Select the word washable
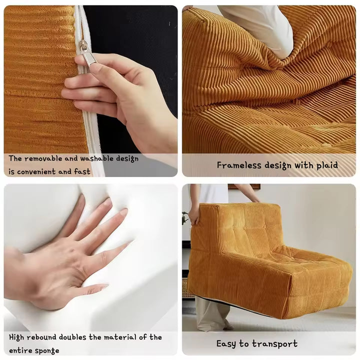(96, 158)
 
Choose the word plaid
(326, 165)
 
